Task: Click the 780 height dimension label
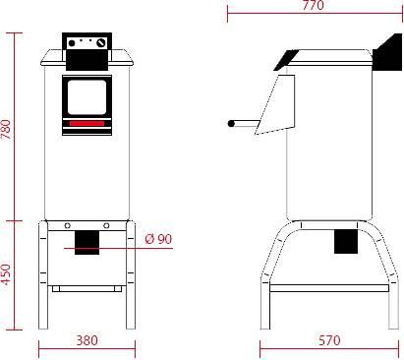tap(7, 129)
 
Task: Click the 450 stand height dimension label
tap(7, 274)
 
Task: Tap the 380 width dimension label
tap(87, 340)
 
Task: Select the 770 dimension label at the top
tap(314, 5)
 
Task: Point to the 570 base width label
tap(329, 340)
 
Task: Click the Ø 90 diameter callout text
tap(158, 239)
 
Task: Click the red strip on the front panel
tap(87, 123)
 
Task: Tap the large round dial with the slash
tap(101, 43)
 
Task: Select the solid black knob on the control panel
tap(71, 43)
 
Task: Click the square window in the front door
tap(87, 97)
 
